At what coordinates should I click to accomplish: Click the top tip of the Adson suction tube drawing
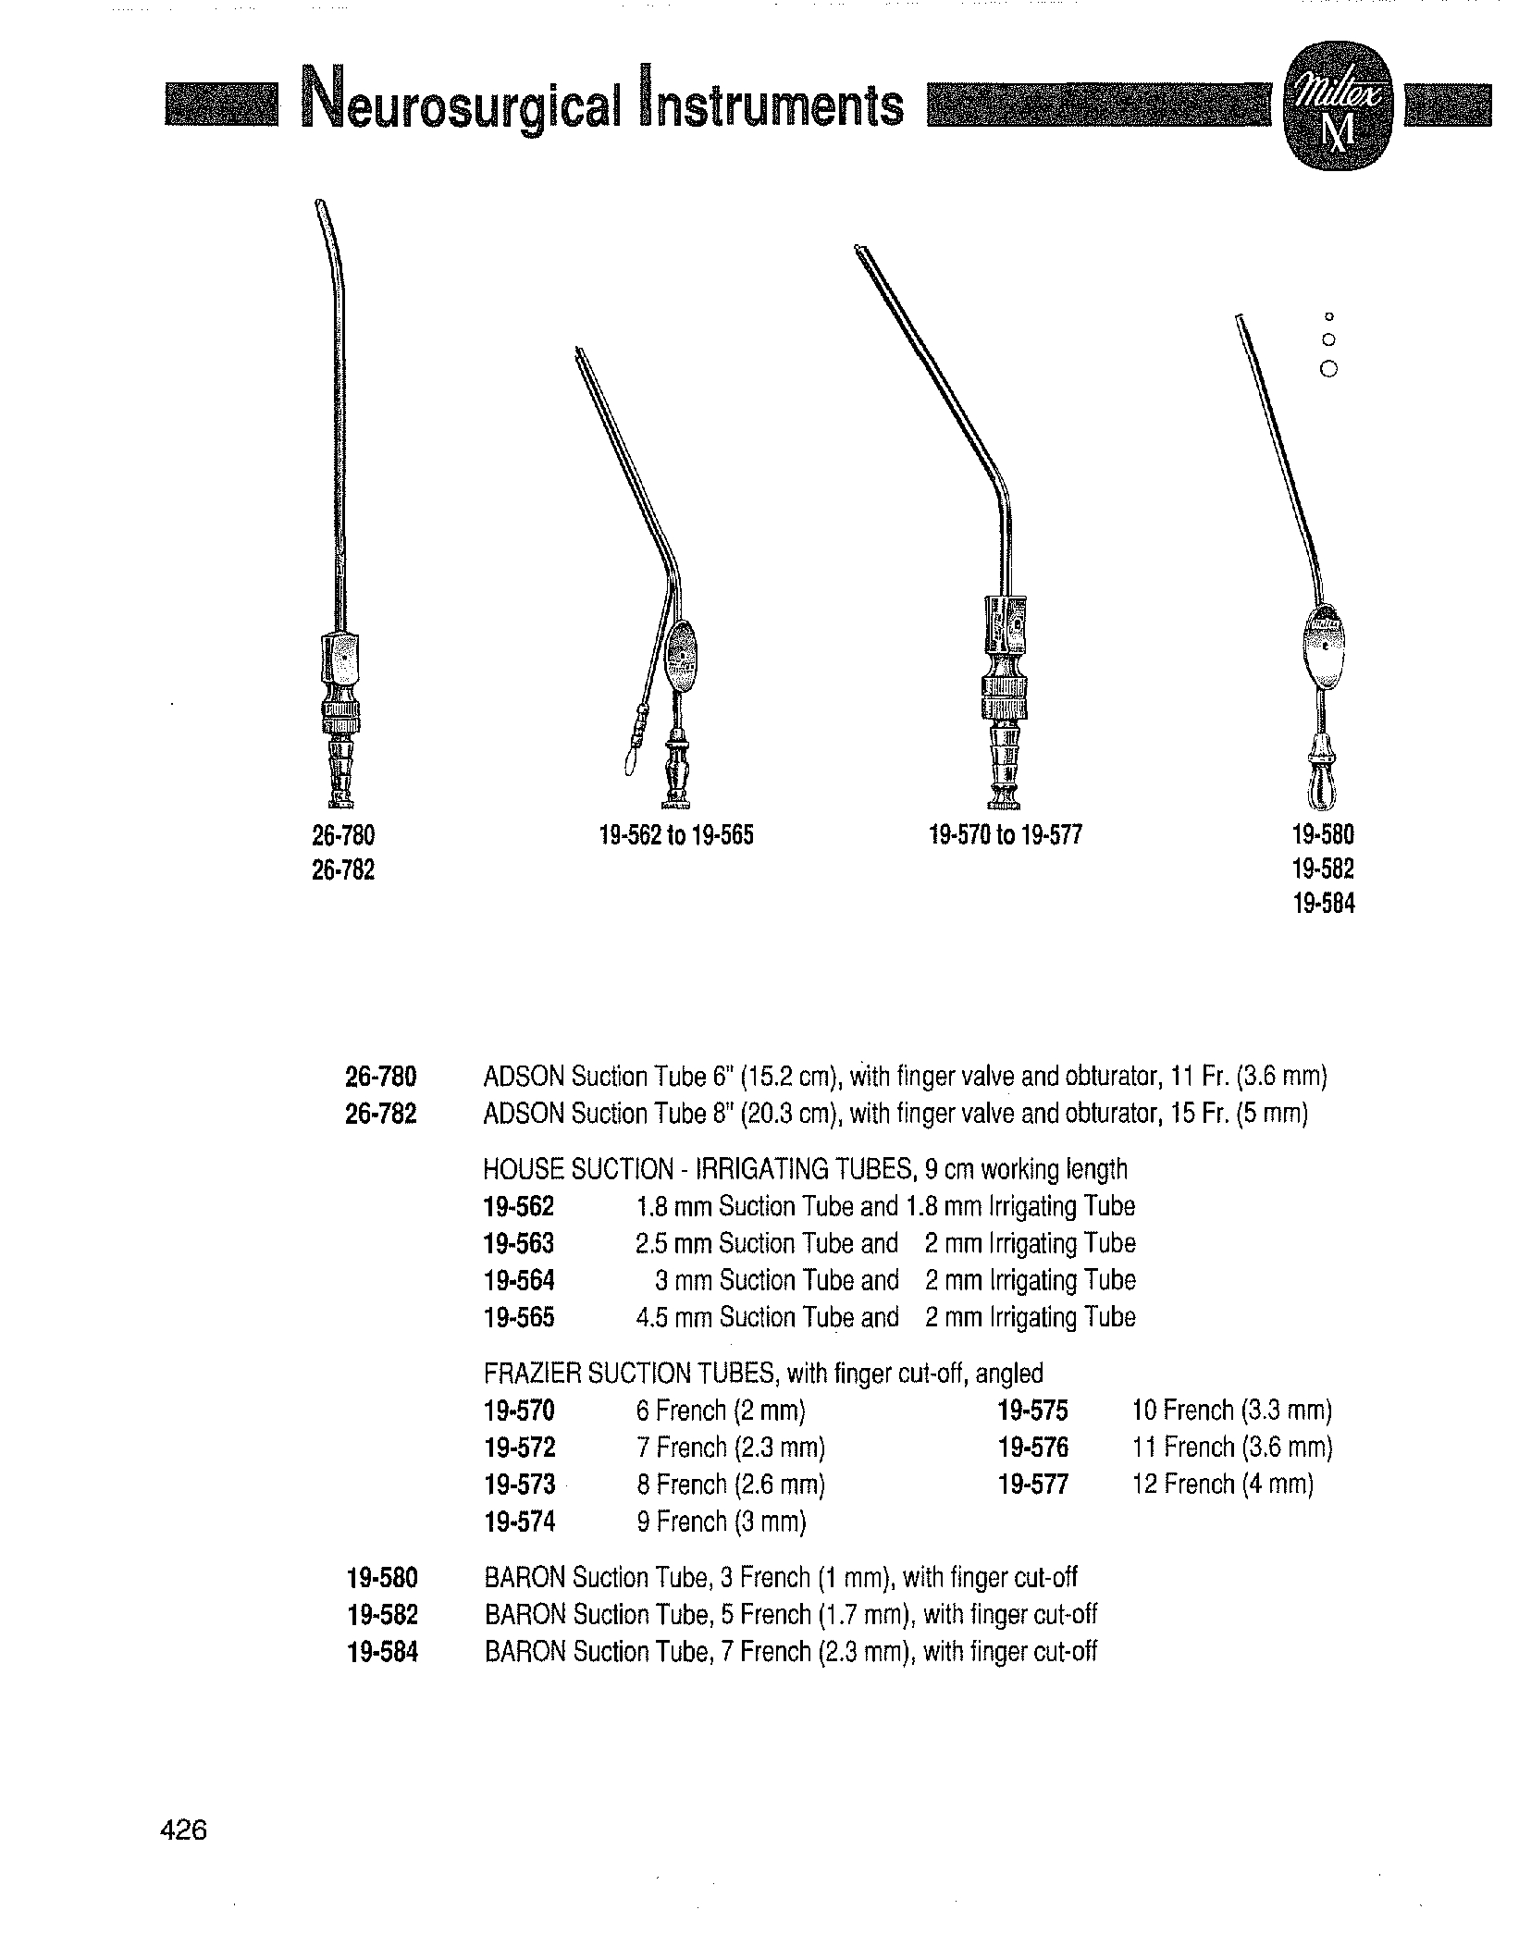[x=319, y=202]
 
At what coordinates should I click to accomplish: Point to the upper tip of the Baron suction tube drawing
[x=1237, y=317]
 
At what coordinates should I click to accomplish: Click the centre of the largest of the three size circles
[x=1329, y=369]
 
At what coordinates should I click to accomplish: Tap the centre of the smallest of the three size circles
[x=1329, y=317]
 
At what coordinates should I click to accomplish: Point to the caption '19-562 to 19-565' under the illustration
[x=676, y=836]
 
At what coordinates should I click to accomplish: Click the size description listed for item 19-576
[x=1232, y=1447]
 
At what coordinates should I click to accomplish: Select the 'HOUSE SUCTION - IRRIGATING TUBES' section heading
[x=805, y=1169]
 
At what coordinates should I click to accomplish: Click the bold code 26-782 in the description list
[x=381, y=1114]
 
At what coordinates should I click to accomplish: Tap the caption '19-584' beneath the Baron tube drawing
[x=1323, y=904]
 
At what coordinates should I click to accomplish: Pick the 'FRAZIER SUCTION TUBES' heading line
[x=763, y=1373]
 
